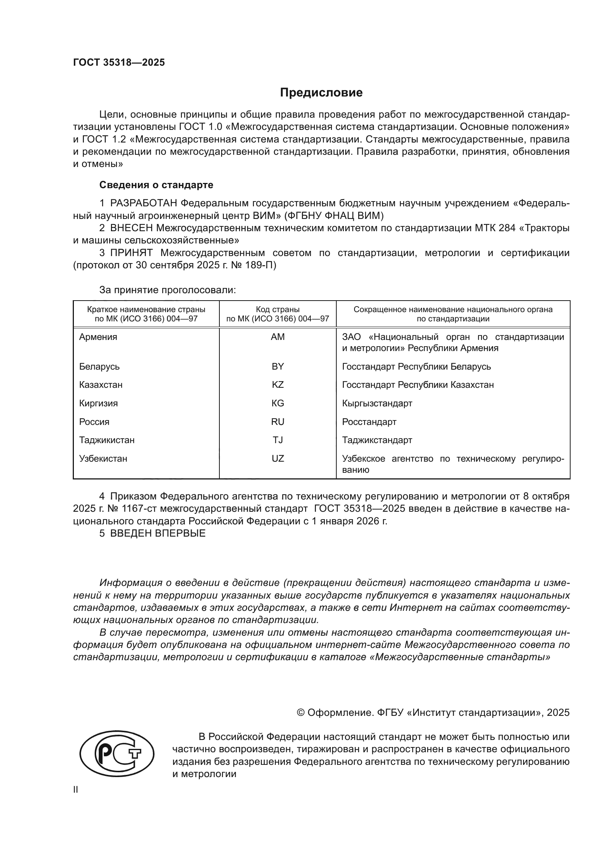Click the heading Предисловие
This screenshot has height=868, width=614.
point(321,93)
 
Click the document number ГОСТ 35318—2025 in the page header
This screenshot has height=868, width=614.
point(119,63)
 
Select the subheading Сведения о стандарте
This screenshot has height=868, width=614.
point(156,185)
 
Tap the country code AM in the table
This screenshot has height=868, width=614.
point(278,337)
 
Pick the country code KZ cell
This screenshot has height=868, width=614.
point(278,385)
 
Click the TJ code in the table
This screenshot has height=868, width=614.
point(278,440)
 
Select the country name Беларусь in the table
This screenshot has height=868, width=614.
point(99,367)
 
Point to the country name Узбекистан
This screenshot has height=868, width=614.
point(103,459)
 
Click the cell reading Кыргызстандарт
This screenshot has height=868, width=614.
point(377,403)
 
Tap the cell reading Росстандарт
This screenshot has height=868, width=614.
point(369,422)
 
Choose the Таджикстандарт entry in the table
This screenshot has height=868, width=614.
point(377,440)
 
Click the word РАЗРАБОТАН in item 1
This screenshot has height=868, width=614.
point(143,203)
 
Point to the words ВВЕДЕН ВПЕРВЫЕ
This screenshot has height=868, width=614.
point(158,533)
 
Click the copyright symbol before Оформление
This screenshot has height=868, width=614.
point(301,713)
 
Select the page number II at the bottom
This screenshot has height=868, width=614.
point(76,790)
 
